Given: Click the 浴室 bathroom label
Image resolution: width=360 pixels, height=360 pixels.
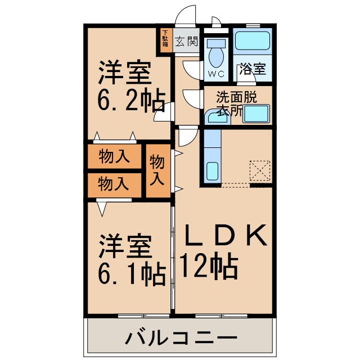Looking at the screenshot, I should point(253,70).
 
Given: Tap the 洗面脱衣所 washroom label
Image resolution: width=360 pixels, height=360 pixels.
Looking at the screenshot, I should point(237,103).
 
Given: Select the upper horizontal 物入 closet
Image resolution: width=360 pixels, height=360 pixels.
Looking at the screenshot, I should point(114,157).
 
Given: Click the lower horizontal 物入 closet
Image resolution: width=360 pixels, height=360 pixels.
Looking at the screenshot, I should point(114,183).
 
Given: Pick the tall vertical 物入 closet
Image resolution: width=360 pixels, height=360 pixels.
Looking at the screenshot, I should point(158,170).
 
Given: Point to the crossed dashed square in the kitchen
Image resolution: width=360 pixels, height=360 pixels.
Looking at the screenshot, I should point(260,170).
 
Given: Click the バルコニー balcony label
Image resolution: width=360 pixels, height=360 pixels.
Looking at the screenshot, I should point(180,339).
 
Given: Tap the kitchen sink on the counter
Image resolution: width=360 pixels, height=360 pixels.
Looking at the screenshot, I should point(212,170).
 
